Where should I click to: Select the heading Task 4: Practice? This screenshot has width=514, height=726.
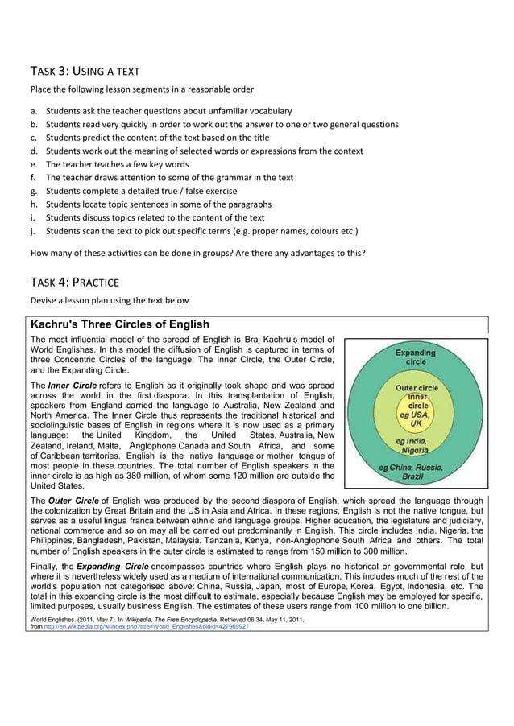73,282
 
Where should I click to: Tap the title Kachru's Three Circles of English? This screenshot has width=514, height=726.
119,324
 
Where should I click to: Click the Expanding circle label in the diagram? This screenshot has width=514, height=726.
415,357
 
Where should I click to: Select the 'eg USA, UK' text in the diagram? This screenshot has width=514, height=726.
416,418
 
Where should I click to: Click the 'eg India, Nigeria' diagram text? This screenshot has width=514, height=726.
417,446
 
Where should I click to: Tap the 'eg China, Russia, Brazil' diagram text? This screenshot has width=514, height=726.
417,471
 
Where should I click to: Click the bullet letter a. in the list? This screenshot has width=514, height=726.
34,111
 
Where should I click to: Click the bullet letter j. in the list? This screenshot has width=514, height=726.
34,231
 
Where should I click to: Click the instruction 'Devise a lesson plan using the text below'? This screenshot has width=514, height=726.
110,301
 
